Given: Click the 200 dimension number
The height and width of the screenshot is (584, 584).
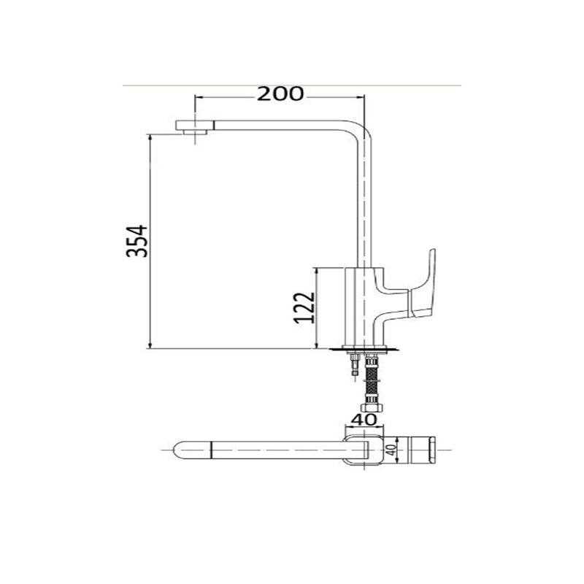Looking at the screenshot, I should [280, 93].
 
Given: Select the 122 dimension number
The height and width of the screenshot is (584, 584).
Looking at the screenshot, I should [304, 308].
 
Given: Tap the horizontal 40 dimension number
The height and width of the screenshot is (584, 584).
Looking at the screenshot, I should [364, 420].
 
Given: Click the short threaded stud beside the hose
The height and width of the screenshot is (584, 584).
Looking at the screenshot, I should [355, 366].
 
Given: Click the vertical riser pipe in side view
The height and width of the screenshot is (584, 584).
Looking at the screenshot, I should [365, 204].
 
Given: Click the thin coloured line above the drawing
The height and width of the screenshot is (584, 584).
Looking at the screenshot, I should [292, 85].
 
